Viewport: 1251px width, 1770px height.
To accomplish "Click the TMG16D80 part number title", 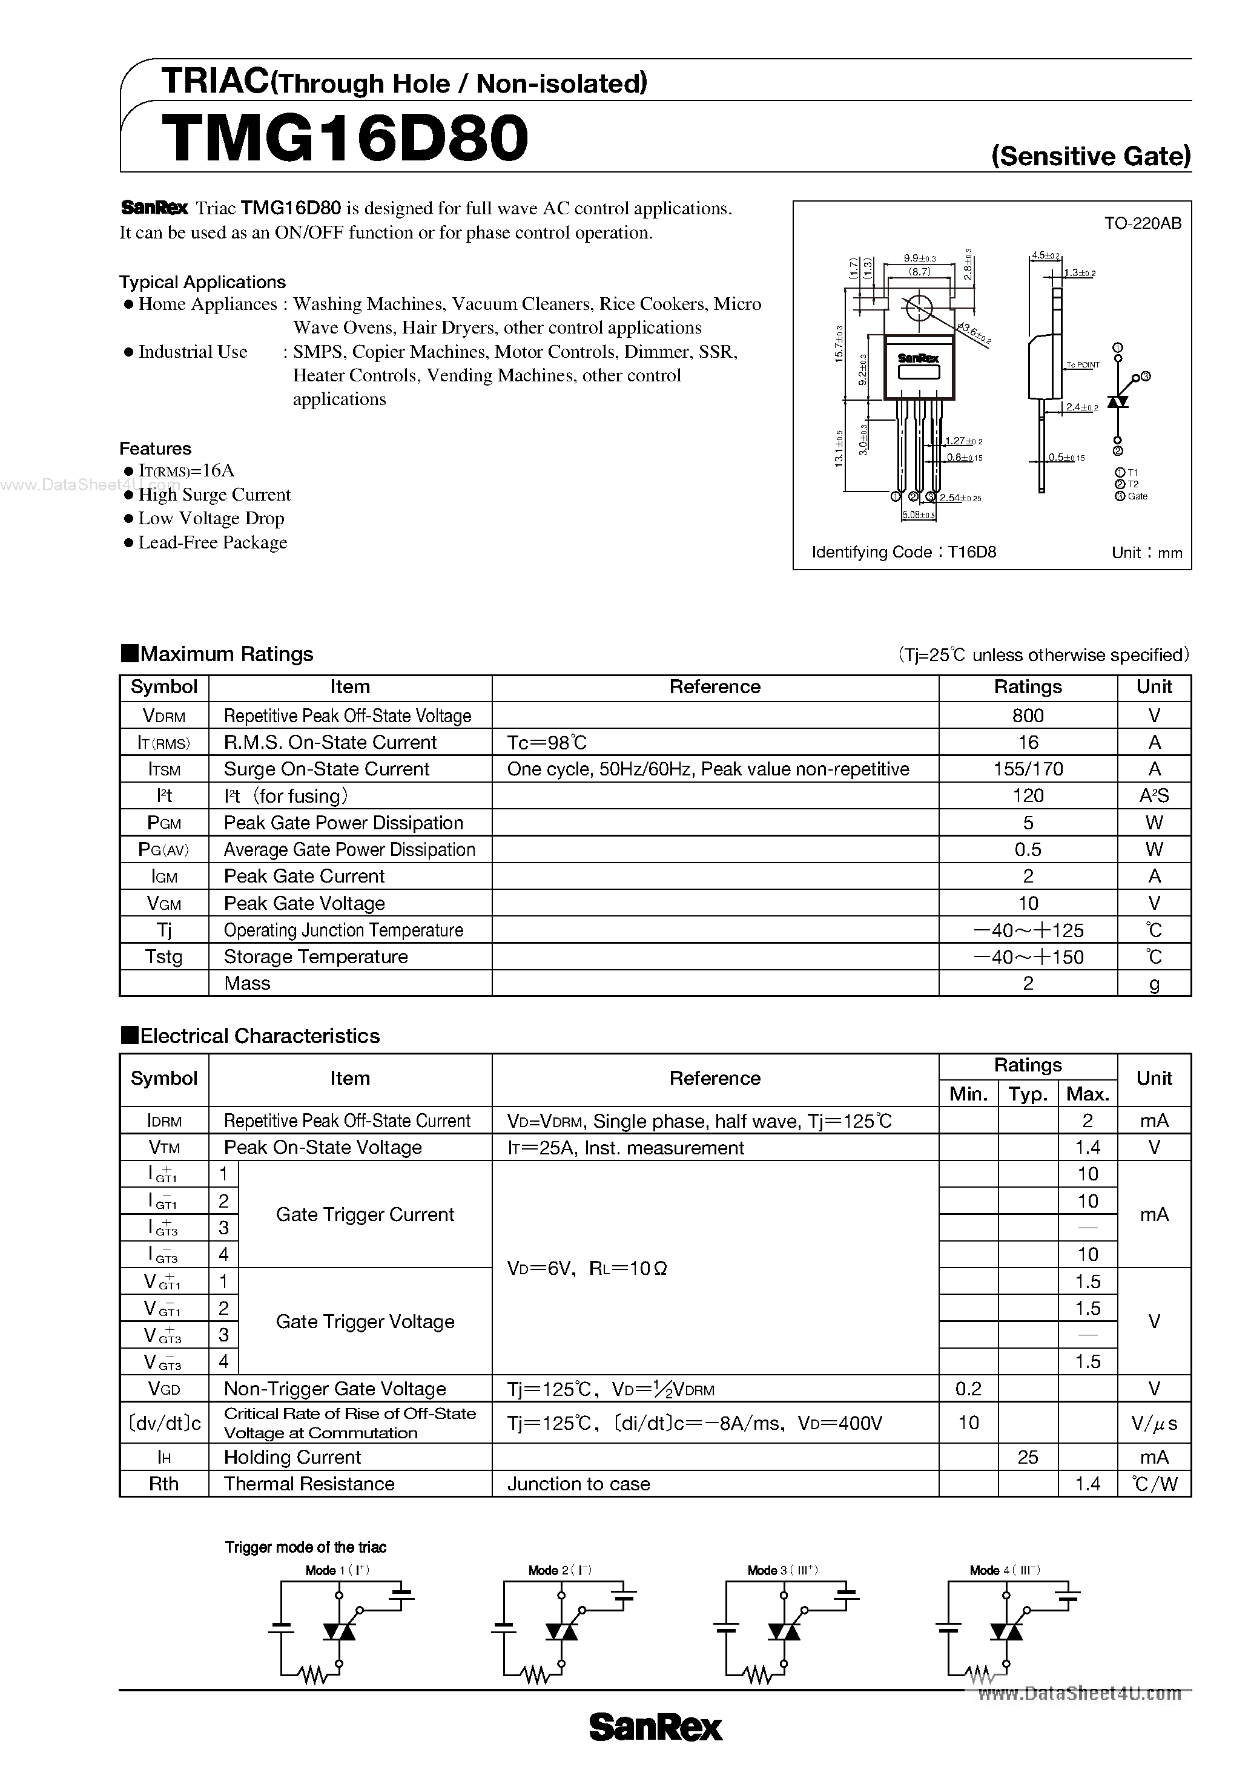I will pyautogui.click(x=345, y=139).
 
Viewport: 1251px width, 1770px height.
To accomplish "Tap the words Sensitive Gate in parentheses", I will pyautogui.click(x=1091, y=157).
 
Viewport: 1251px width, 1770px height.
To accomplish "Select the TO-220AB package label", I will pyautogui.click(x=1142, y=223).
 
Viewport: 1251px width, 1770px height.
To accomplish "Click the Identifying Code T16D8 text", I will pyautogui.click(x=904, y=552).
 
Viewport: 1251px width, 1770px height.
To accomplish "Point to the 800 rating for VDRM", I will pyautogui.click(x=1028, y=716).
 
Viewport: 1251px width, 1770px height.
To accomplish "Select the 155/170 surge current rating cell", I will pyautogui.click(x=1028, y=769).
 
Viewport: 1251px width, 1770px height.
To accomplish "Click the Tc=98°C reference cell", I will pyautogui.click(x=547, y=742).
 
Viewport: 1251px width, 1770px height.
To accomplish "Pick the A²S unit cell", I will pyautogui.click(x=1154, y=795).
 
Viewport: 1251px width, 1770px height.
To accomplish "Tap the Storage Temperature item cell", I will pyautogui.click(x=315, y=956).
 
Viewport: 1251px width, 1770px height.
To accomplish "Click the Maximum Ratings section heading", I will pyautogui.click(x=217, y=654).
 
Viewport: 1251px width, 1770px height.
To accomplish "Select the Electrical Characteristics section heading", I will pyautogui.click(x=251, y=1035).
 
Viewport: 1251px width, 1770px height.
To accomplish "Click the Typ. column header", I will pyautogui.click(x=1028, y=1094).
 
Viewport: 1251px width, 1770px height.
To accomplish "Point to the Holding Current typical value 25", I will pyautogui.click(x=1028, y=1457).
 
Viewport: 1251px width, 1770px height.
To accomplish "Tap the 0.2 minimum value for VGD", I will pyautogui.click(x=968, y=1389).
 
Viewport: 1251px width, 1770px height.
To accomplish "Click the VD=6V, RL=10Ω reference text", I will pyautogui.click(x=586, y=1268).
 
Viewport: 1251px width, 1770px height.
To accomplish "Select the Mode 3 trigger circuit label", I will pyautogui.click(x=782, y=1570).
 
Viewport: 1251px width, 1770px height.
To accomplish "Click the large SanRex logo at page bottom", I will pyautogui.click(x=656, y=1728).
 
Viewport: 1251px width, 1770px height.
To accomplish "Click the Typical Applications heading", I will pyautogui.click(x=202, y=282).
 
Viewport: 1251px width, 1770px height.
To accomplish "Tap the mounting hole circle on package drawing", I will pyautogui.click(x=918, y=308).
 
